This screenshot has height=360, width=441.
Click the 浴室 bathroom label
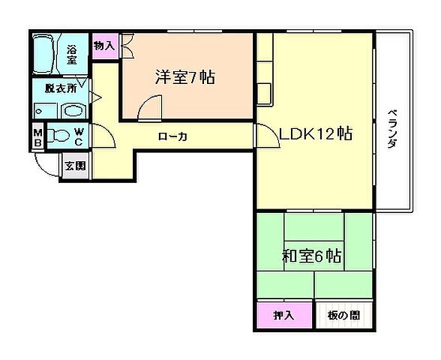click(x=73, y=55)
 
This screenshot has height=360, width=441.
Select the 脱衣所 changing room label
click(x=59, y=88)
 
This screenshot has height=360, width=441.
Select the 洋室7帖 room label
click(x=185, y=76)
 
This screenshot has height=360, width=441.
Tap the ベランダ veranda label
click(x=392, y=131)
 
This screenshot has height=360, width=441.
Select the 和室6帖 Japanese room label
click(x=313, y=256)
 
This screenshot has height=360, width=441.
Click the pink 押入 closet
click(x=283, y=315)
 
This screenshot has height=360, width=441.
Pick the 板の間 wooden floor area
click(x=343, y=315)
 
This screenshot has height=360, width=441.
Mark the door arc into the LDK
click(x=266, y=135)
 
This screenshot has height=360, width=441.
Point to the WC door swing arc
click(x=106, y=136)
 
